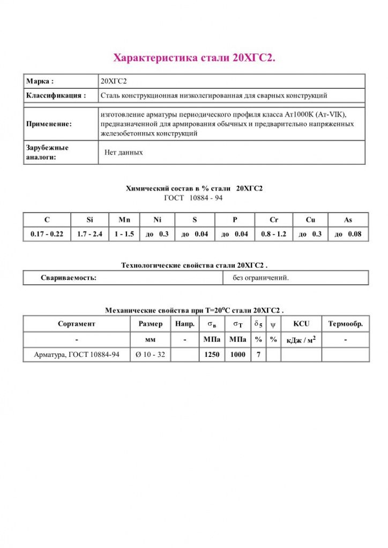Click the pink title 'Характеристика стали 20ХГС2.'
tap(194, 58)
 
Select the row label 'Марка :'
tap(40, 81)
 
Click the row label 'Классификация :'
tap(55, 95)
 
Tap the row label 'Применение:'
tap(49, 124)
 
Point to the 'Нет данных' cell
tap(124, 153)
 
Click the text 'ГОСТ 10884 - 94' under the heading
tap(193, 197)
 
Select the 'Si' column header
tap(89, 219)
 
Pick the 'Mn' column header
tap(124, 219)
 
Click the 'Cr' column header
tap(273, 219)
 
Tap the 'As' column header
tap(348, 219)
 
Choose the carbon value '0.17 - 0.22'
tap(47, 234)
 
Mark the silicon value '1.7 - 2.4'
tap(89, 234)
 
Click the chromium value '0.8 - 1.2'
tap(273, 234)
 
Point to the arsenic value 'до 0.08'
tap(348, 234)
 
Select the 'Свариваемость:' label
tap(69, 278)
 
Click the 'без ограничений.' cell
tap(261, 278)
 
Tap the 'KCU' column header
tap(301, 324)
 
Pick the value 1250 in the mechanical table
tap(212, 354)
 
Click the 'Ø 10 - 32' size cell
tap(150, 354)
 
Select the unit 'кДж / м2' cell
tap(301, 340)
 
